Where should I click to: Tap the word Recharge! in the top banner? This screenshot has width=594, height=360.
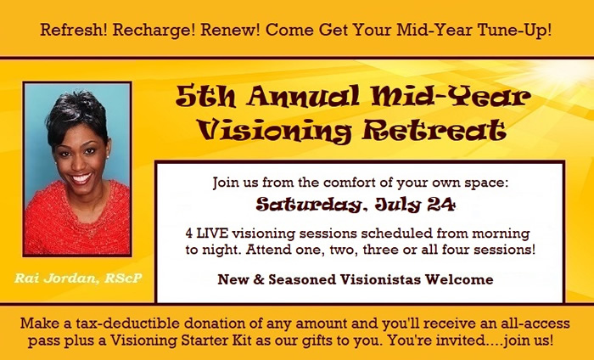click(x=154, y=30)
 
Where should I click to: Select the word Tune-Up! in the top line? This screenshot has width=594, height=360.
click(x=514, y=30)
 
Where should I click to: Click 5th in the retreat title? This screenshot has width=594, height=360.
click(x=205, y=96)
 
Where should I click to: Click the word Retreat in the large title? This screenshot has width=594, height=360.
click(x=434, y=130)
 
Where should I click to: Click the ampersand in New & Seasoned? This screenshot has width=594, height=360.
click(x=259, y=279)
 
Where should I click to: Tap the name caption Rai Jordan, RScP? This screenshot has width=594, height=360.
click(x=78, y=278)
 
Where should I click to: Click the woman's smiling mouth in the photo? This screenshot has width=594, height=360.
click(x=81, y=177)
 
